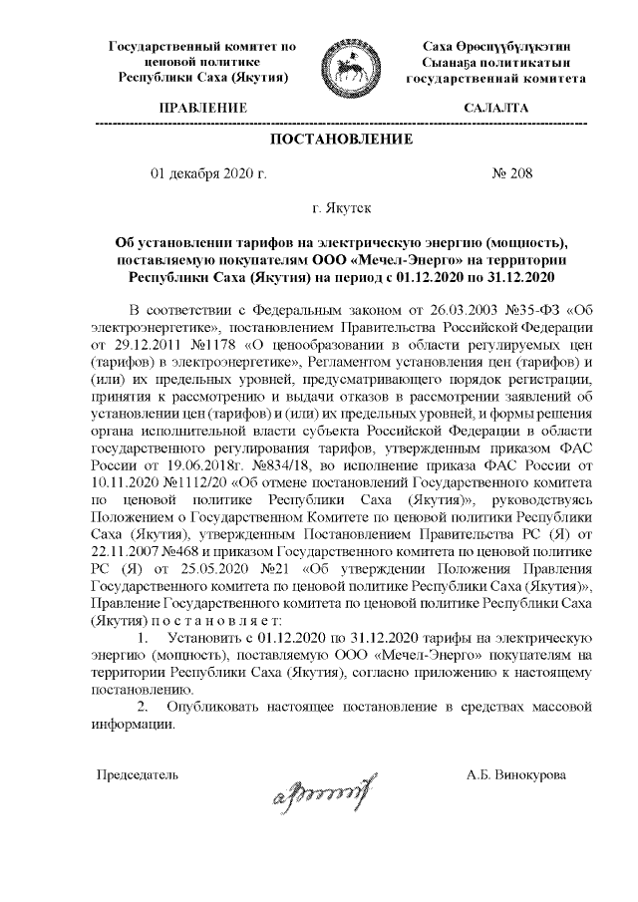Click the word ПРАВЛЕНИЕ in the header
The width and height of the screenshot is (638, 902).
click(x=202, y=107)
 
